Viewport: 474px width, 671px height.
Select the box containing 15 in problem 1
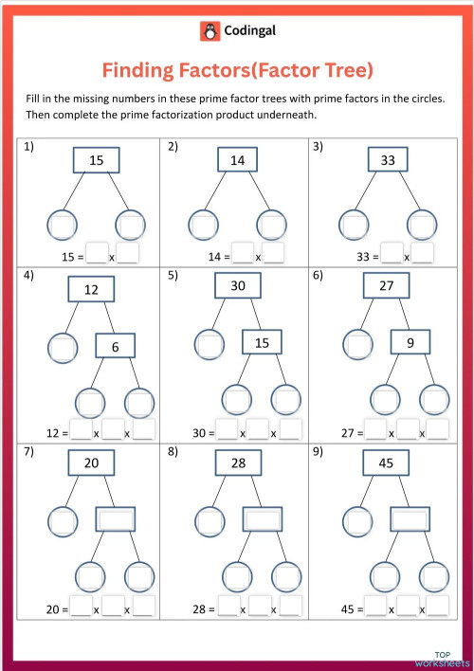[97, 161]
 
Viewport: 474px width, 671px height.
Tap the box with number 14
[237, 161]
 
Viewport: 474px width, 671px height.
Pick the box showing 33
[387, 161]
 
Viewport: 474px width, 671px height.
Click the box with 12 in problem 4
[91, 289]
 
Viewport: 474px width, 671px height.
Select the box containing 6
[116, 347]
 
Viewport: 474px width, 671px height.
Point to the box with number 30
[237, 285]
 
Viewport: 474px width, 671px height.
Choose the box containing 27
[386, 285]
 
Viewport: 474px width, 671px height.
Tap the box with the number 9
[410, 342]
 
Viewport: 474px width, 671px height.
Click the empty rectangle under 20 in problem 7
[116, 519]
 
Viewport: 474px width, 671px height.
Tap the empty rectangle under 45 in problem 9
[410, 519]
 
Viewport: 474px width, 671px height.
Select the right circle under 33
[421, 226]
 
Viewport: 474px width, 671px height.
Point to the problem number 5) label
[173, 276]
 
